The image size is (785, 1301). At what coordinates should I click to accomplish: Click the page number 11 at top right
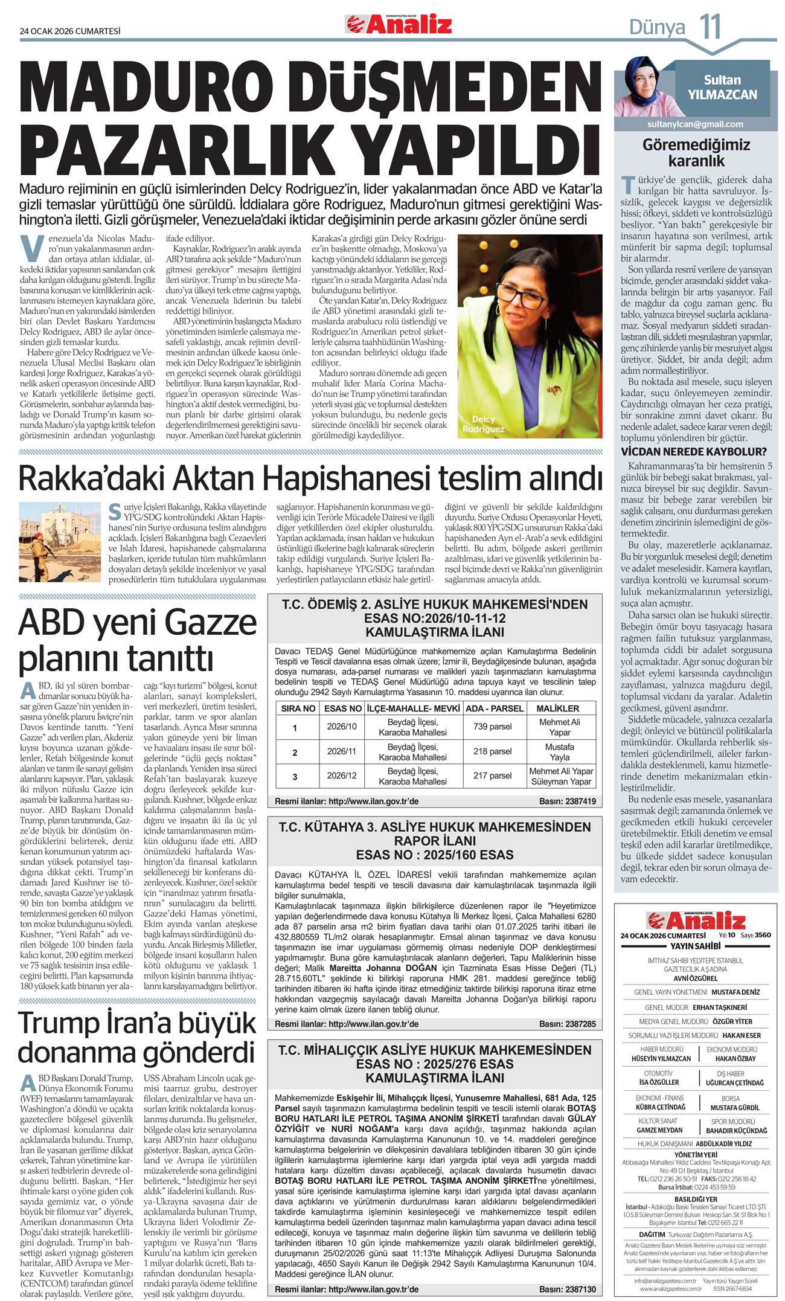(710, 27)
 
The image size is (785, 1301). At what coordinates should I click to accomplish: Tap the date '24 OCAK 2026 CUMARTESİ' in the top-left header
(70, 31)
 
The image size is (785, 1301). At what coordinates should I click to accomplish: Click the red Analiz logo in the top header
(399, 25)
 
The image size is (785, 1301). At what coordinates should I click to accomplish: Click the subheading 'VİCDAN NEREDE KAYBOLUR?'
(694, 452)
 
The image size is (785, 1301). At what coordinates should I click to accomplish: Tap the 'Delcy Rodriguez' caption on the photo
(483, 424)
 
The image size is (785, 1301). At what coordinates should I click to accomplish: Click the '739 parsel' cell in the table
(492, 727)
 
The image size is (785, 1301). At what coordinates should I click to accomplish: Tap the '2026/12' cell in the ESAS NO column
(342, 776)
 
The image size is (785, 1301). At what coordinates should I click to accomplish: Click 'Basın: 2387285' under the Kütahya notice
(567, 1024)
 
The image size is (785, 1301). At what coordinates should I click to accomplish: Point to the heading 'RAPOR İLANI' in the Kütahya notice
(435, 841)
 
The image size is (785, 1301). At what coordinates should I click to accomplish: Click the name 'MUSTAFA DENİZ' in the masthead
(735, 992)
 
